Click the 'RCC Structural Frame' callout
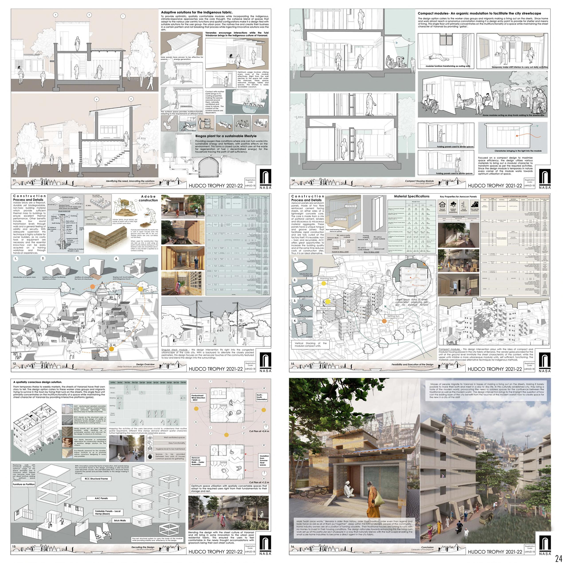(x=96, y=479)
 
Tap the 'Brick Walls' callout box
(x=120, y=520)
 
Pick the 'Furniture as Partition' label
(x=24, y=484)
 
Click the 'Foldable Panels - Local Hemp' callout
(x=107, y=513)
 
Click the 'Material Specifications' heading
(x=412, y=196)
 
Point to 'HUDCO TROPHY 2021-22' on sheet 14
(x=495, y=186)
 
